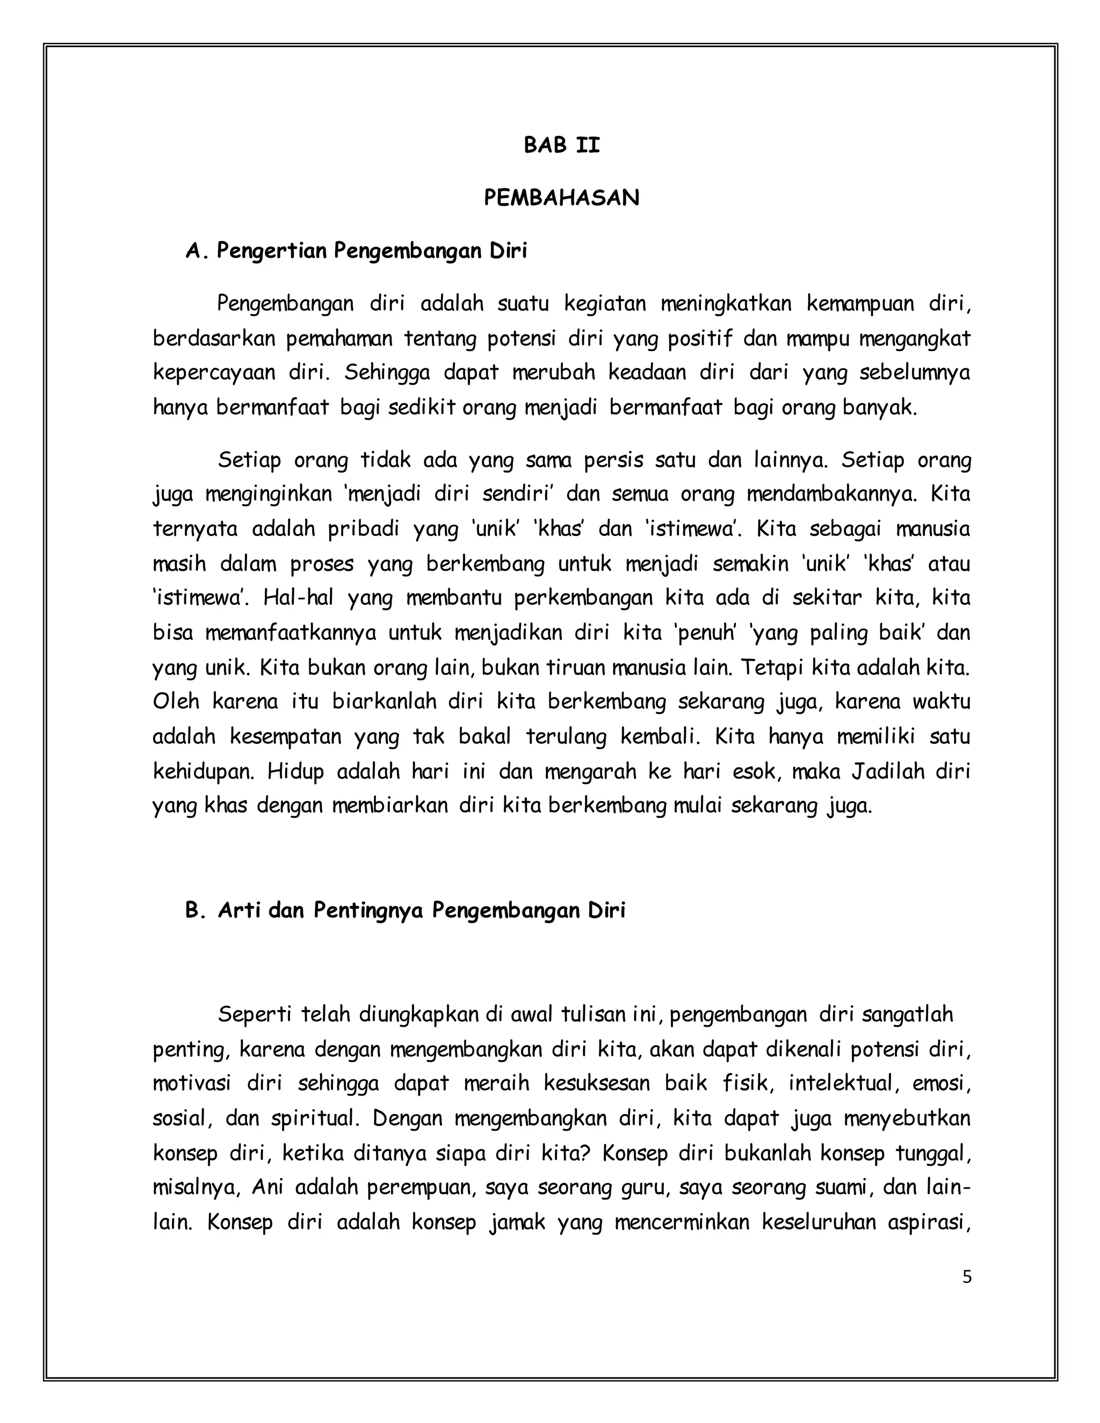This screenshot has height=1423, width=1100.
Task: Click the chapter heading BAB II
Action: coord(561,146)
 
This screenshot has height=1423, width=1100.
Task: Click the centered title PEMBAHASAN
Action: coord(561,198)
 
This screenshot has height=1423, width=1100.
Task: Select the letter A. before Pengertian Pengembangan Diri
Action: coord(196,251)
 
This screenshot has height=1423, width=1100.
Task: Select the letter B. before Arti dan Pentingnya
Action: coord(196,910)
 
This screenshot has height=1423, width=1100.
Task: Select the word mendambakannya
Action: coord(831,494)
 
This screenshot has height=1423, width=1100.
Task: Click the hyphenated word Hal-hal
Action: coord(298,598)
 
